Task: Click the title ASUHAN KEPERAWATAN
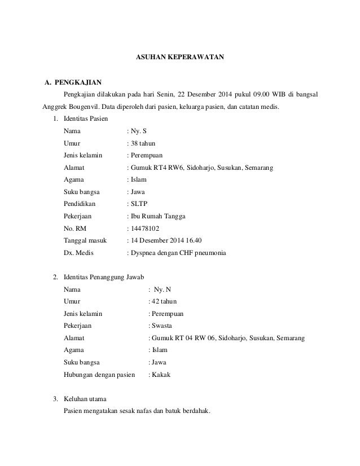[181, 57]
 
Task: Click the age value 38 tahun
[143, 143]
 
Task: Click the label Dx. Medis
[78, 253]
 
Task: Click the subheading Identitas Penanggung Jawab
[105, 278]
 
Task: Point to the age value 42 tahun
[163, 302]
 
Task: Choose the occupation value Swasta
[161, 326]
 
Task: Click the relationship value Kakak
[160, 375]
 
